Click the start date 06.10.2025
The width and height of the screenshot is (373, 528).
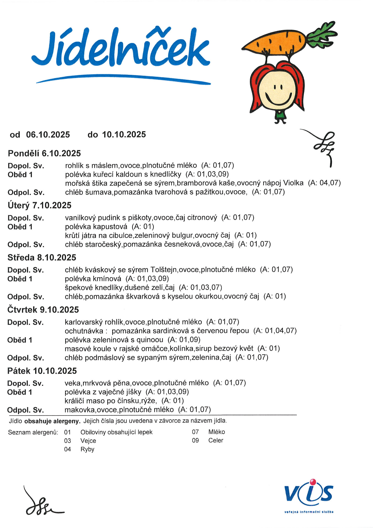pos(48,135)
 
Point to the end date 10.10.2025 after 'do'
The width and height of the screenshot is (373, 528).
pos(124,134)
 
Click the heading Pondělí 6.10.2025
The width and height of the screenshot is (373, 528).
pos(44,153)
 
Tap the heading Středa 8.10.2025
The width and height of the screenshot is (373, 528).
pos(42,258)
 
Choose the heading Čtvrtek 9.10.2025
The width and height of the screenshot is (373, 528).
pos(43,310)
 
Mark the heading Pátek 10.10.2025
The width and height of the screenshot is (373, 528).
pos(42,371)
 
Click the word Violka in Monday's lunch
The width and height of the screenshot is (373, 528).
pos(293,183)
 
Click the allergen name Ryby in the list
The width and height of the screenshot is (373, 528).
pos(87,449)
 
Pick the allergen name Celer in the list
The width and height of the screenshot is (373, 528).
pos(216,440)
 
